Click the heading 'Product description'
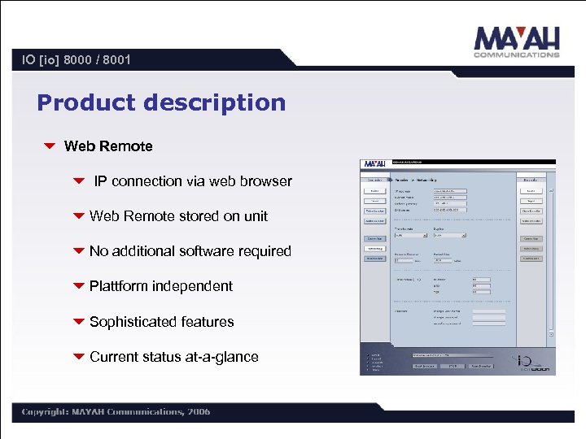tap(161, 102)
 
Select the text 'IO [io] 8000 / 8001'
tap(77, 59)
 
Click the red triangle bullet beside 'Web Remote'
tap(50, 146)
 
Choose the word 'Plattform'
tap(119, 286)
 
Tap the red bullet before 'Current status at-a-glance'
tap(79, 357)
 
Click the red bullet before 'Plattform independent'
tap(79, 286)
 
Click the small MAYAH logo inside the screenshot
tap(375, 163)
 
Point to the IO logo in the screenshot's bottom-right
tap(533, 363)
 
